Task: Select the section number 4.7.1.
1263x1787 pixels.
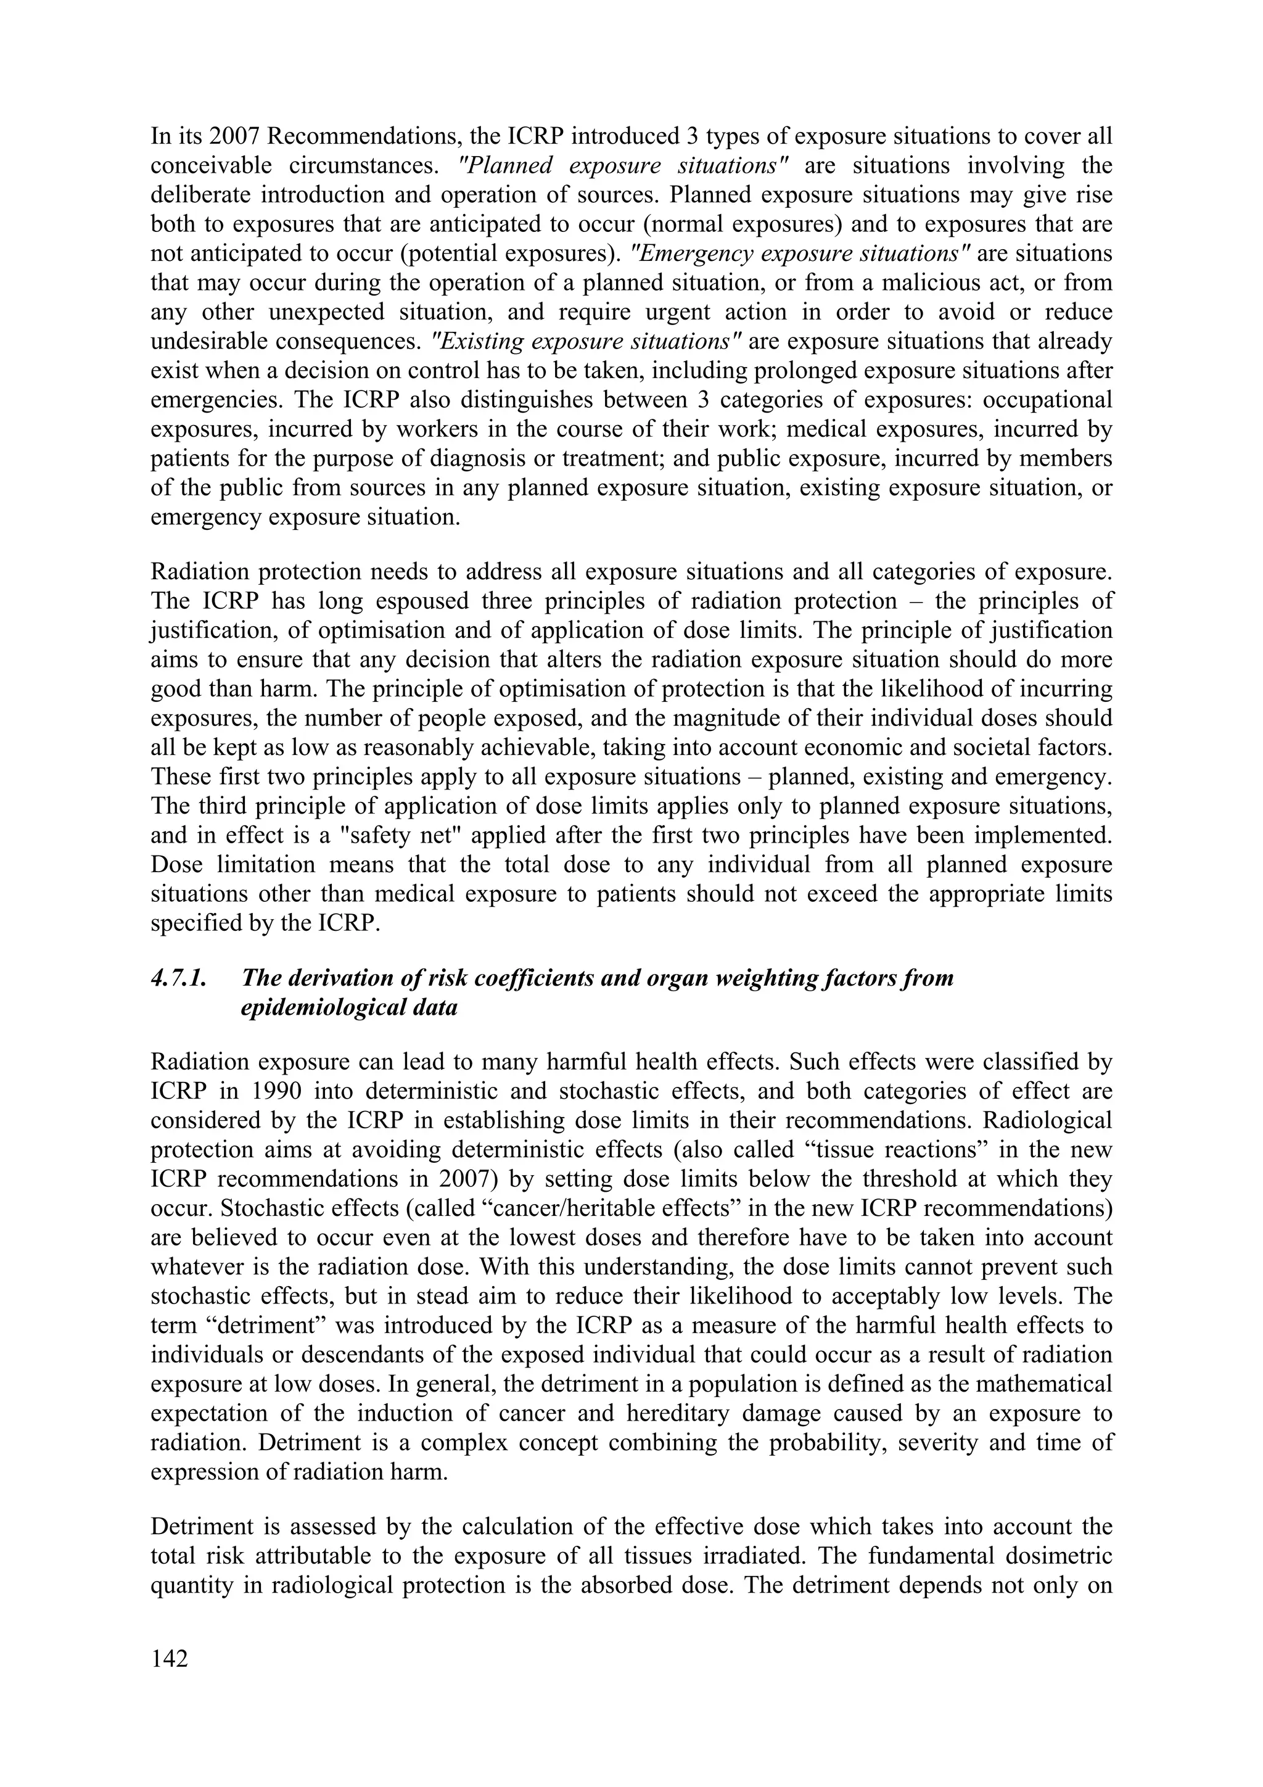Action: tap(179, 978)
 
